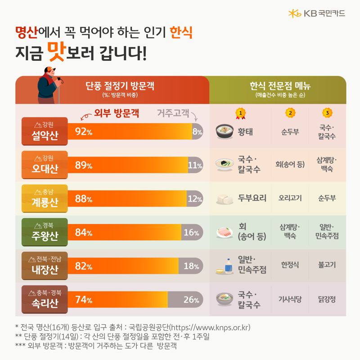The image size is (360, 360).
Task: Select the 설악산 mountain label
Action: [x=45, y=131]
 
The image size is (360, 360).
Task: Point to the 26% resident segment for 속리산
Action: [x=191, y=300]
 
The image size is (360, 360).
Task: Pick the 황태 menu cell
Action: [x=245, y=131]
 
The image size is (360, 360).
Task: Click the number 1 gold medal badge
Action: [x=241, y=112]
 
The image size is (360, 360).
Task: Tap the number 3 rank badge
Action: [x=327, y=112]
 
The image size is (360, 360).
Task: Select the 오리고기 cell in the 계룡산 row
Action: [x=290, y=198]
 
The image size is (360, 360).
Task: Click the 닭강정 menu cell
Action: [x=327, y=299]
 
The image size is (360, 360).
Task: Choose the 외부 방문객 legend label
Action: [x=115, y=114]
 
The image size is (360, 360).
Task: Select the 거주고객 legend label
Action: [x=173, y=114]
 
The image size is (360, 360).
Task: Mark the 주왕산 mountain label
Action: [x=45, y=232]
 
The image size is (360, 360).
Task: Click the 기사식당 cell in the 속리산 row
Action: [x=290, y=299]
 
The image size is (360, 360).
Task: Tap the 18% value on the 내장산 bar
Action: [x=191, y=266]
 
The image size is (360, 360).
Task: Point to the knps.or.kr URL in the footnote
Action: [x=211, y=327]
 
